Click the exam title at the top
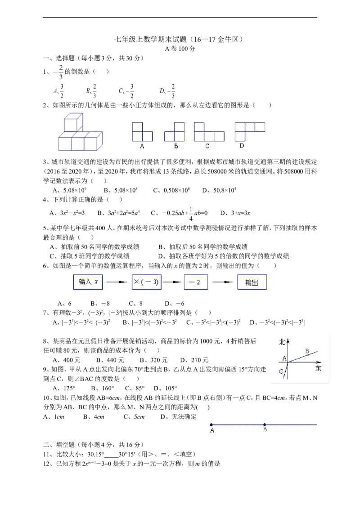179,40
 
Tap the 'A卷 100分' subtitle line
180,49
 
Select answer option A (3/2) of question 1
59,91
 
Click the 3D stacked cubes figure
80,132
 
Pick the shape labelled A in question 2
142,132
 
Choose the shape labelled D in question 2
250,131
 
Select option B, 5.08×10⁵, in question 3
121,190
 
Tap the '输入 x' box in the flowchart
88,282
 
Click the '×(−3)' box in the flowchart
147,282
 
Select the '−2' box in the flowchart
196,282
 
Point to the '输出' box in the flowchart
252,282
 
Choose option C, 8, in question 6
136,304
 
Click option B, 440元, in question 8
110,360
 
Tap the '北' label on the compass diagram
282,341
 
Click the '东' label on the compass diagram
318,368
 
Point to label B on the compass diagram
307,351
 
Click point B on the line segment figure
265,424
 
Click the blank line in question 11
111,456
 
